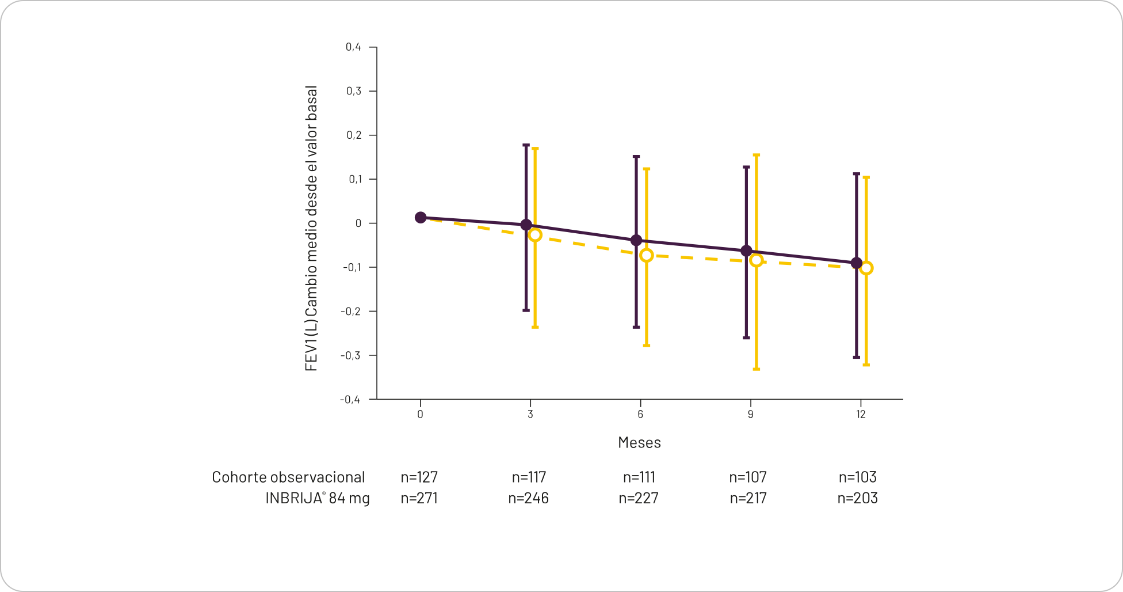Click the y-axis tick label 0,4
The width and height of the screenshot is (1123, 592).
pyautogui.click(x=353, y=47)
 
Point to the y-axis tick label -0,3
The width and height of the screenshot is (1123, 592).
pyautogui.click(x=350, y=355)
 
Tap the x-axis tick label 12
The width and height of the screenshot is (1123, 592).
pyautogui.click(x=861, y=415)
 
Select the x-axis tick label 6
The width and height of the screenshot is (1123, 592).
pyautogui.click(x=640, y=415)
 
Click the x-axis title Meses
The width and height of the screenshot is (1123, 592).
pyautogui.click(x=639, y=442)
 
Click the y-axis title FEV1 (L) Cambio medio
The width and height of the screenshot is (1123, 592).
pyautogui.click(x=311, y=229)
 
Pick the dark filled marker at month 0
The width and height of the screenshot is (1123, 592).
pyautogui.click(x=421, y=218)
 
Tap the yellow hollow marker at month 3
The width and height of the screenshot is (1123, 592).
pyautogui.click(x=535, y=235)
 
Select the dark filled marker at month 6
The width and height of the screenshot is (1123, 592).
pyautogui.click(x=636, y=240)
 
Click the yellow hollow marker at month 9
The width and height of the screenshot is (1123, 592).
pyautogui.click(x=757, y=260)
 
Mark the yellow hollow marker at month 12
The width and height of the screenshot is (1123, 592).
pyautogui.click(x=866, y=268)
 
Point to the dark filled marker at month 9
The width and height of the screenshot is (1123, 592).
pyautogui.click(x=746, y=251)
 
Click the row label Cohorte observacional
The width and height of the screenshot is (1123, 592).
pyautogui.click(x=288, y=477)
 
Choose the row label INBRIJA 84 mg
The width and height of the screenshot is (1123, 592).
pyautogui.click(x=318, y=498)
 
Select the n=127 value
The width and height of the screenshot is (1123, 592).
pyautogui.click(x=419, y=477)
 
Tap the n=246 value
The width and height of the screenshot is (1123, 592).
pyautogui.click(x=528, y=498)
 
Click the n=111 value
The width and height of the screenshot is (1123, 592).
pyautogui.click(x=639, y=477)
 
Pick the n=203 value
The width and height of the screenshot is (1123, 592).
pyautogui.click(x=857, y=498)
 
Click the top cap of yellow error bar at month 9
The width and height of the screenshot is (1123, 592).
pyautogui.click(x=757, y=155)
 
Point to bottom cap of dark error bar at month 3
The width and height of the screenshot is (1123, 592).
pyautogui.click(x=526, y=310)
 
